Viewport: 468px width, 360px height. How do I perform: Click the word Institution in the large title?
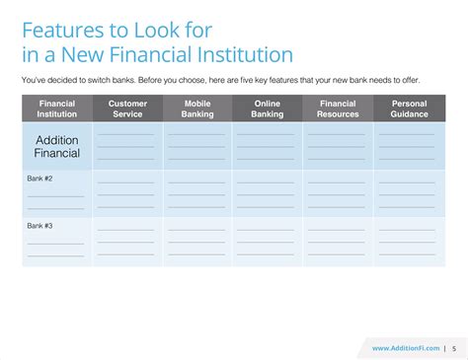point(238,54)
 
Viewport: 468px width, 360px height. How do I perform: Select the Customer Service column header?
point(127,108)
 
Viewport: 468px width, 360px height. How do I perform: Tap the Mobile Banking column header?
point(196,108)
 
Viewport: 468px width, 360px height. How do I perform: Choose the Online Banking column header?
point(267,108)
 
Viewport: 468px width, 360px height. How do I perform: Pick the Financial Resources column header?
point(338,108)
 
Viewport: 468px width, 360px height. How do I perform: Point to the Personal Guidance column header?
point(409,108)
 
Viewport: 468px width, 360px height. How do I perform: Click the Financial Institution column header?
point(57,108)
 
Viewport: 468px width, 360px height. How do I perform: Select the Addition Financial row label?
point(57,146)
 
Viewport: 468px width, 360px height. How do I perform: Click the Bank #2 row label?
point(39,178)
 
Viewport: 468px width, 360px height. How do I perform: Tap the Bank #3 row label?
point(39,226)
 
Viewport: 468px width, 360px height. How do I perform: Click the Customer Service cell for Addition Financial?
point(127,146)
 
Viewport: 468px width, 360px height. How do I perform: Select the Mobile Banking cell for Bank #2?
point(196,194)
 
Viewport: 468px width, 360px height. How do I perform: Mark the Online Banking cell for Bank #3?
point(267,242)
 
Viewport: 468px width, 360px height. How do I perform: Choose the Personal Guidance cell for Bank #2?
point(409,194)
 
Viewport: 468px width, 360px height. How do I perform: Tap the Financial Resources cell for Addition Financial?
point(338,146)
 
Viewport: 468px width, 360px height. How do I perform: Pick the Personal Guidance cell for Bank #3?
point(409,242)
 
